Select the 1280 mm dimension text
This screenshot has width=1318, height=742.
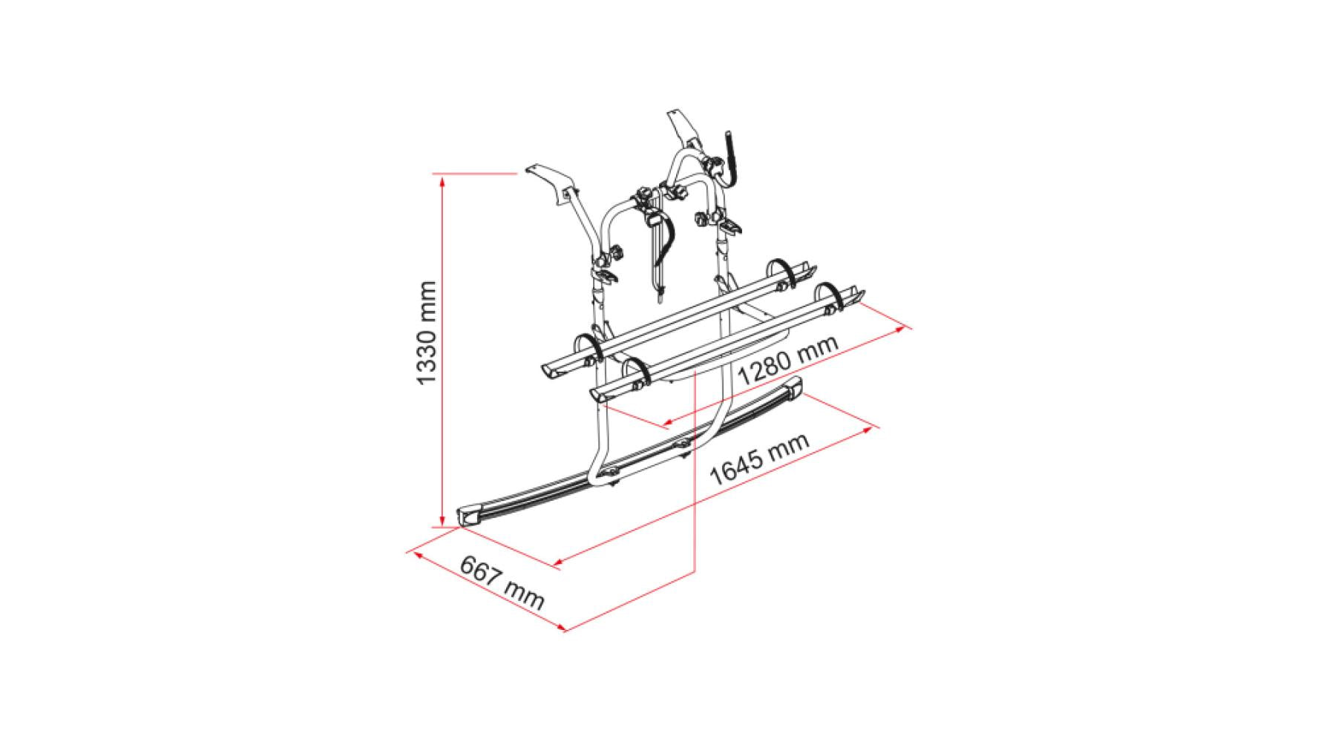pos(789,360)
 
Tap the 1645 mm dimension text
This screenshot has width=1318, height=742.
pos(759,460)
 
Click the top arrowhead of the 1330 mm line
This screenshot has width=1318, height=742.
pos(442,178)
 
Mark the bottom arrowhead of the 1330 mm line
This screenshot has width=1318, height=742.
pos(442,521)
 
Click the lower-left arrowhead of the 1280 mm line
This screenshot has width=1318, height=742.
pos(666,424)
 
